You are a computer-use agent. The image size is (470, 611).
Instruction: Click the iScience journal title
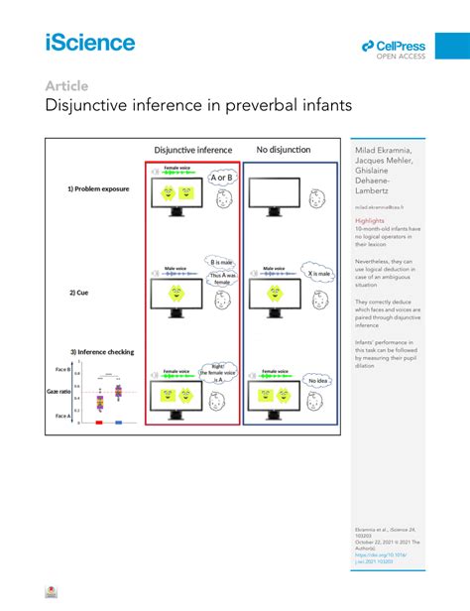tap(90, 42)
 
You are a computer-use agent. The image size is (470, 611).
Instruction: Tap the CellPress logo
tap(394, 48)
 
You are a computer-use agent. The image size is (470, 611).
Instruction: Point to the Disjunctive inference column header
tap(192, 151)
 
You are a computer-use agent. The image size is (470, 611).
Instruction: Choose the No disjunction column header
tap(284, 151)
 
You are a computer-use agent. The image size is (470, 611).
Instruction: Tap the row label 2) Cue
tap(80, 292)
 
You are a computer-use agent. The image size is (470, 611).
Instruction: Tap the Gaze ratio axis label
tap(59, 393)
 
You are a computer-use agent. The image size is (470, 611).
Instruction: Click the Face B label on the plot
tap(61, 369)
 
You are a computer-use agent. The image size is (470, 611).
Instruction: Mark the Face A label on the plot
tap(61, 416)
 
